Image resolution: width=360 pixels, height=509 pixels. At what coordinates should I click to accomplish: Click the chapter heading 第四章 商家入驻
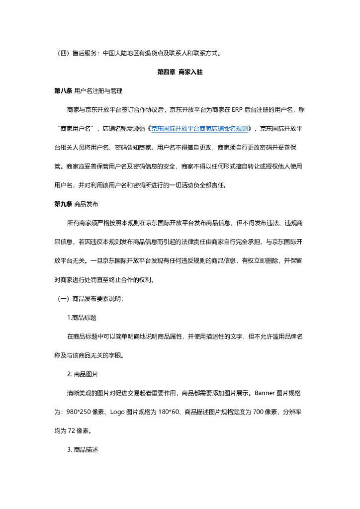click(x=180, y=72)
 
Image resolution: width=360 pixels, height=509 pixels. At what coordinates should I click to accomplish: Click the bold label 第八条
click(x=63, y=91)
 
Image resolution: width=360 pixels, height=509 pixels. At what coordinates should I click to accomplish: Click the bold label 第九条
click(x=63, y=204)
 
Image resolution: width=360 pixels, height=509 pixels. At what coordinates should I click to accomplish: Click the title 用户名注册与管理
click(x=98, y=91)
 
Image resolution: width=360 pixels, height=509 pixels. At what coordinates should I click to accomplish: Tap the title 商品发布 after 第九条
click(x=86, y=204)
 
